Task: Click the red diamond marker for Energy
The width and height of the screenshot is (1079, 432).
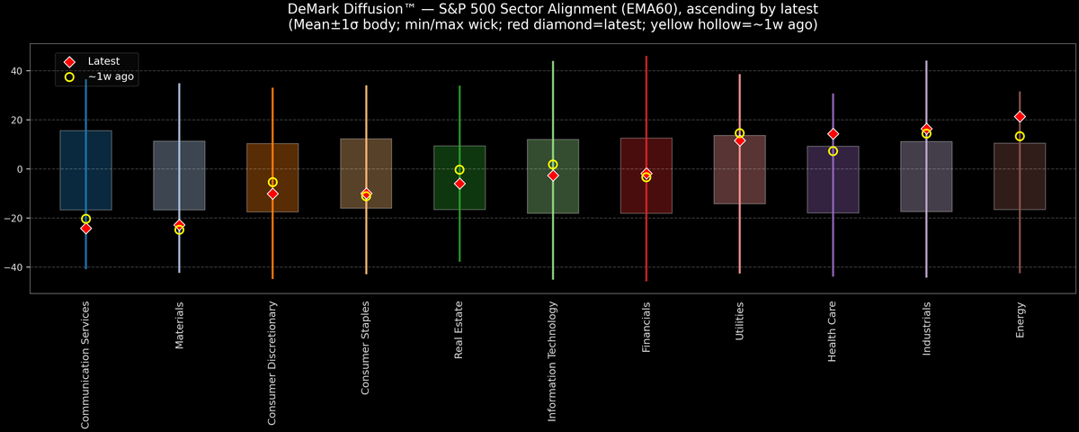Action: click(1020, 117)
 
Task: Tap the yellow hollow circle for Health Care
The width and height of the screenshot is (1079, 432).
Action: click(833, 151)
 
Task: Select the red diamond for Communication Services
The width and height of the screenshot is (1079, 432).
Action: click(85, 229)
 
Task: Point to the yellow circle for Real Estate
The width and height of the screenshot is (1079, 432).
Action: click(459, 169)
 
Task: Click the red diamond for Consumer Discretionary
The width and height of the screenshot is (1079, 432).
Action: click(272, 193)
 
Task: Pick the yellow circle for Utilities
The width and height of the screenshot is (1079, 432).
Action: click(739, 133)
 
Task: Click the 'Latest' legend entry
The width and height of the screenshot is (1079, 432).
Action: click(103, 61)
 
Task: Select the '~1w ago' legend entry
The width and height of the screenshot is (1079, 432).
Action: click(111, 77)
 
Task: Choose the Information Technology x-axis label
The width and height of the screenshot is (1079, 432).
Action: click(553, 361)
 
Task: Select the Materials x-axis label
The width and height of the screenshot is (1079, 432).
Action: click(179, 325)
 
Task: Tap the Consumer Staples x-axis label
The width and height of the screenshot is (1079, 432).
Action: click(366, 347)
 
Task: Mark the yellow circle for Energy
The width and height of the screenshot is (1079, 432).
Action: click(1020, 137)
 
